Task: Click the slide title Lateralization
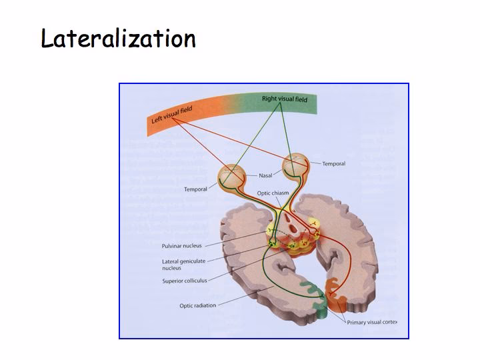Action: click(118, 38)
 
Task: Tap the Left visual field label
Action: click(172, 115)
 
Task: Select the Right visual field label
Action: click(285, 99)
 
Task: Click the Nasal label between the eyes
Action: click(265, 175)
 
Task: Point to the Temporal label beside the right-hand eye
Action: click(334, 164)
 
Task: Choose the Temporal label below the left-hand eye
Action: click(195, 189)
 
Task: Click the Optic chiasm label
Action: click(273, 193)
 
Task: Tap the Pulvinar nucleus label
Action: click(182, 246)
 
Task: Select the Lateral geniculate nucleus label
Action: click(184, 265)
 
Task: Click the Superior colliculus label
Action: click(185, 281)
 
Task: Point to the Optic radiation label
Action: click(198, 305)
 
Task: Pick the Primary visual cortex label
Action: click(372, 322)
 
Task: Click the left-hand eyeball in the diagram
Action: click(232, 177)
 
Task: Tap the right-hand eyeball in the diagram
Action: click(296, 165)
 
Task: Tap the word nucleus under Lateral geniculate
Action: click(172, 268)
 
